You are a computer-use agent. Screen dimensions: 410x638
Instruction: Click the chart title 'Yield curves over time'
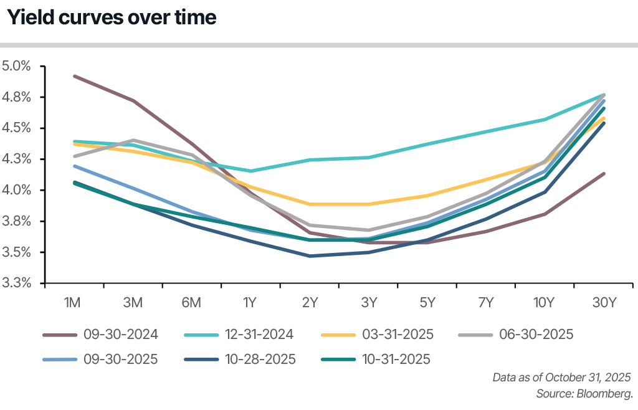coord(112,18)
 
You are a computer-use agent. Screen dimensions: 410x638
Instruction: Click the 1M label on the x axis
coord(74,303)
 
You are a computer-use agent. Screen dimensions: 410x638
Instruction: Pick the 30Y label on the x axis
coord(604,303)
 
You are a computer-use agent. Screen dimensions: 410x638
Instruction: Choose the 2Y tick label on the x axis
coord(310,303)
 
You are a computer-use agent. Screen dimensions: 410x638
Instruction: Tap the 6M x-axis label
coord(191,303)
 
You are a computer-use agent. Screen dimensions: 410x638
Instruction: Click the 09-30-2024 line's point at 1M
coord(74,76)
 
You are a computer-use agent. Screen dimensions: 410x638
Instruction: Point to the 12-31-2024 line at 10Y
coord(545,120)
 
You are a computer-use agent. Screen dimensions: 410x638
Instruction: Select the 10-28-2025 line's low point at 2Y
coord(310,256)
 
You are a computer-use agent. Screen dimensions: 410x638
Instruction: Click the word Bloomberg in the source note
coord(607,394)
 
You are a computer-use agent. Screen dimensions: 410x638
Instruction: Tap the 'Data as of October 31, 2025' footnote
coord(561,378)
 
